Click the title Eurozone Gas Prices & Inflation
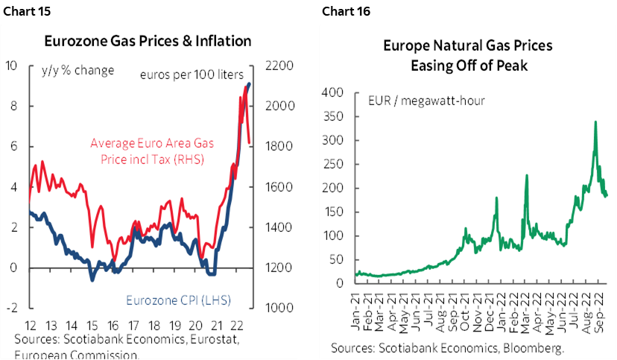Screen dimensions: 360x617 (x=148, y=41)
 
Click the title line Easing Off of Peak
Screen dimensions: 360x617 (x=469, y=65)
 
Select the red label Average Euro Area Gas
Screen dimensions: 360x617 (x=147, y=143)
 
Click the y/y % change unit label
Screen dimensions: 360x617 (x=77, y=71)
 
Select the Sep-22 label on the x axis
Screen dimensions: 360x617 (x=601, y=306)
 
